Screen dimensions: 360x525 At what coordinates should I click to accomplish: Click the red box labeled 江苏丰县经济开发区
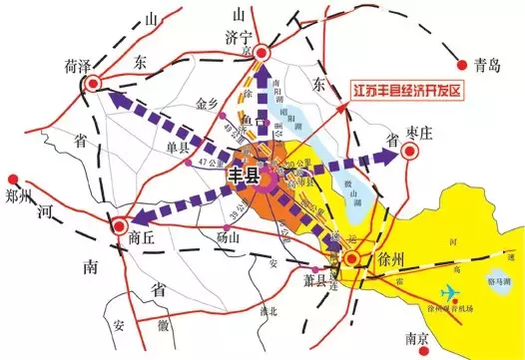click(406, 91)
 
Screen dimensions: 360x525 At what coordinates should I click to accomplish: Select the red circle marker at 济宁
click(262, 54)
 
